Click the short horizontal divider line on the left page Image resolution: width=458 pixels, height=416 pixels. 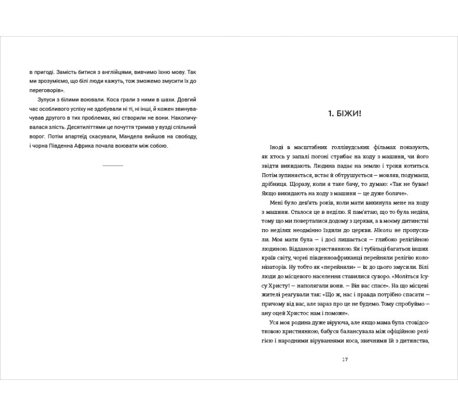point(112,165)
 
